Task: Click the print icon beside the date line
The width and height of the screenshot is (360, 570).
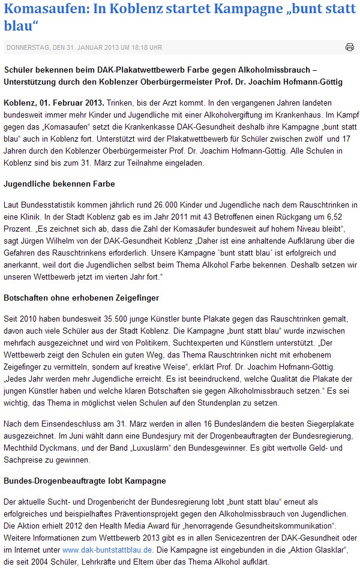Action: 350,47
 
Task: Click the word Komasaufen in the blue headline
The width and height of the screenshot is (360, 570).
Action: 40,9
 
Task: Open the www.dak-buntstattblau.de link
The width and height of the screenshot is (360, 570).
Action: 100,550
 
